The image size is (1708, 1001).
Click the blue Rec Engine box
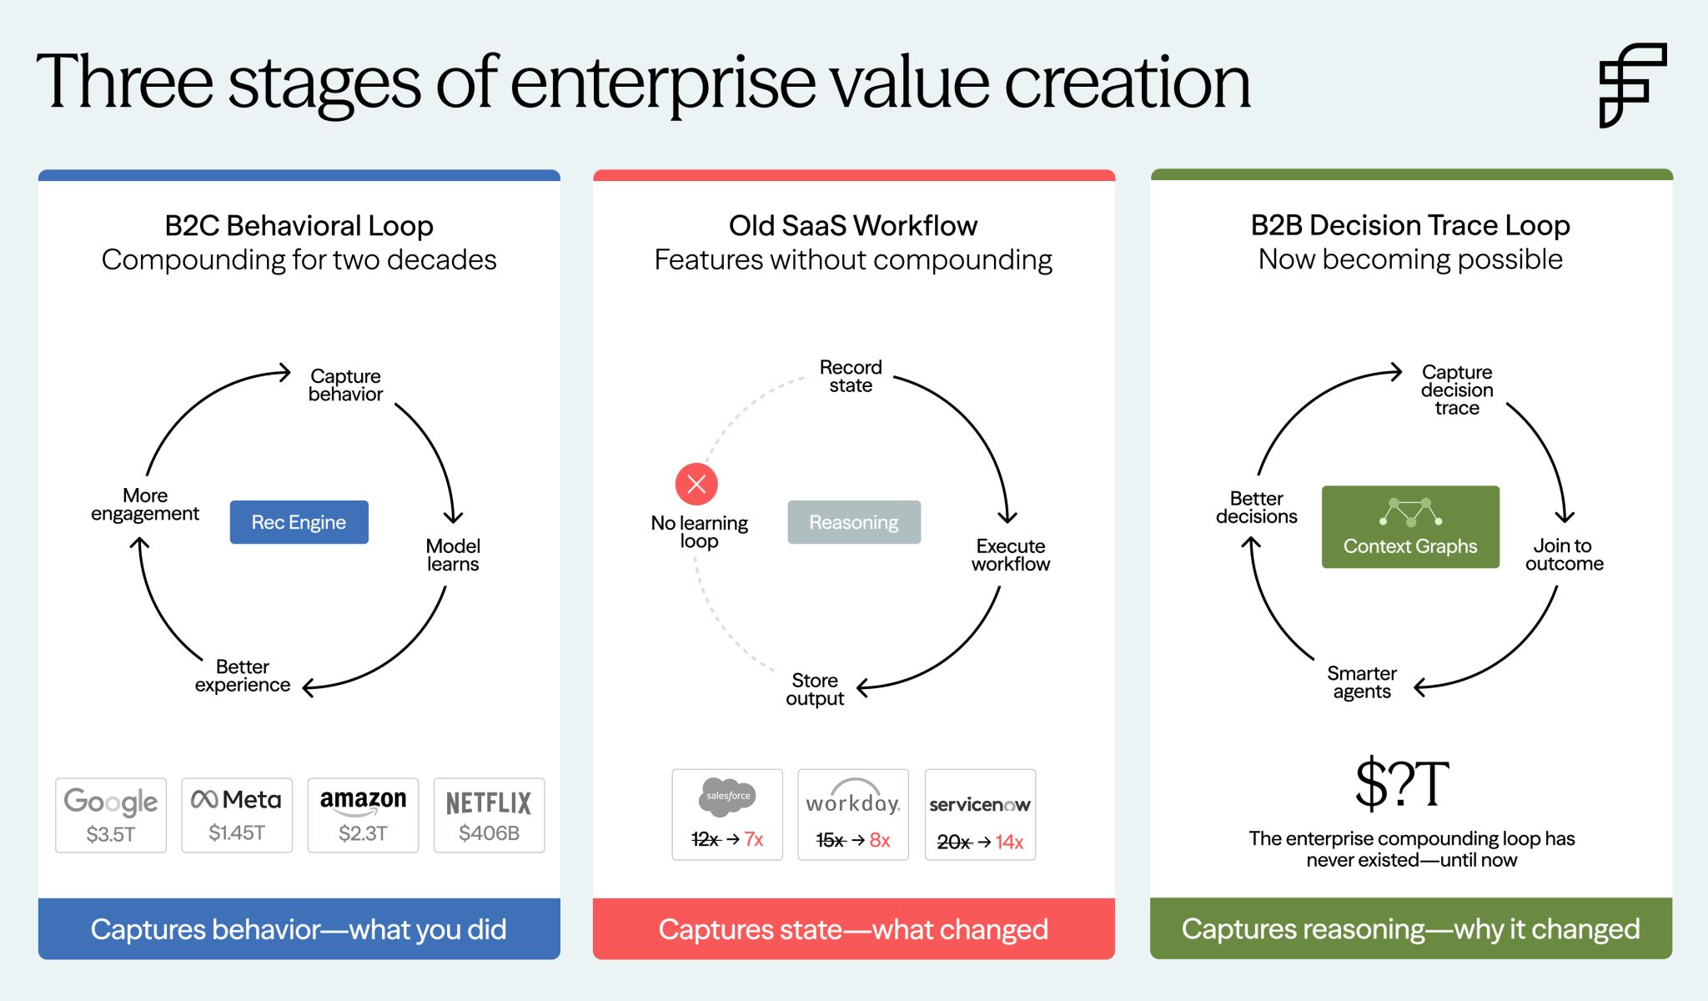pos(299,522)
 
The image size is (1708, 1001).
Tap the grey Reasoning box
pos(854,522)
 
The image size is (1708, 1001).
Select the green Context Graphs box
pos(1410,527)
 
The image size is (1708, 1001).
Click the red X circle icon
pos(696,484)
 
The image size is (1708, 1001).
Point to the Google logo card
pos(111,815)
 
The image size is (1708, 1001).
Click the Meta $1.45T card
pos(237,815)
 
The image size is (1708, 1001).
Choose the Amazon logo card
pos(363,815)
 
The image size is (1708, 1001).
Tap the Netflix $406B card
pos(489,815)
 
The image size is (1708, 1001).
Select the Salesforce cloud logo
pos(727,796)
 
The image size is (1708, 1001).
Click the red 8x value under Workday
pos(880,840)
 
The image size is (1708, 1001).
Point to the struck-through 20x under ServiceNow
pos(953,843)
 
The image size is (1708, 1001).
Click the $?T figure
pos(1402,784)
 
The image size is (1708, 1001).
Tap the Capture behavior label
pos(345,385)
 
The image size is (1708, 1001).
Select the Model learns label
pos(453,555)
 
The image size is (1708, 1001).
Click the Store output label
pos(815,690)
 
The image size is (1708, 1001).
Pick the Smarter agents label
pos(1362,682)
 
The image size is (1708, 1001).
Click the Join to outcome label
pos(1564,555)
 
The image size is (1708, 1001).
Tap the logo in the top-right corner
pos(1632,84)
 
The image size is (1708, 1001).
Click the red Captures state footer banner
pos(853,928)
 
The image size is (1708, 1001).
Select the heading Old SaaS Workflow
pos(853,226)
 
